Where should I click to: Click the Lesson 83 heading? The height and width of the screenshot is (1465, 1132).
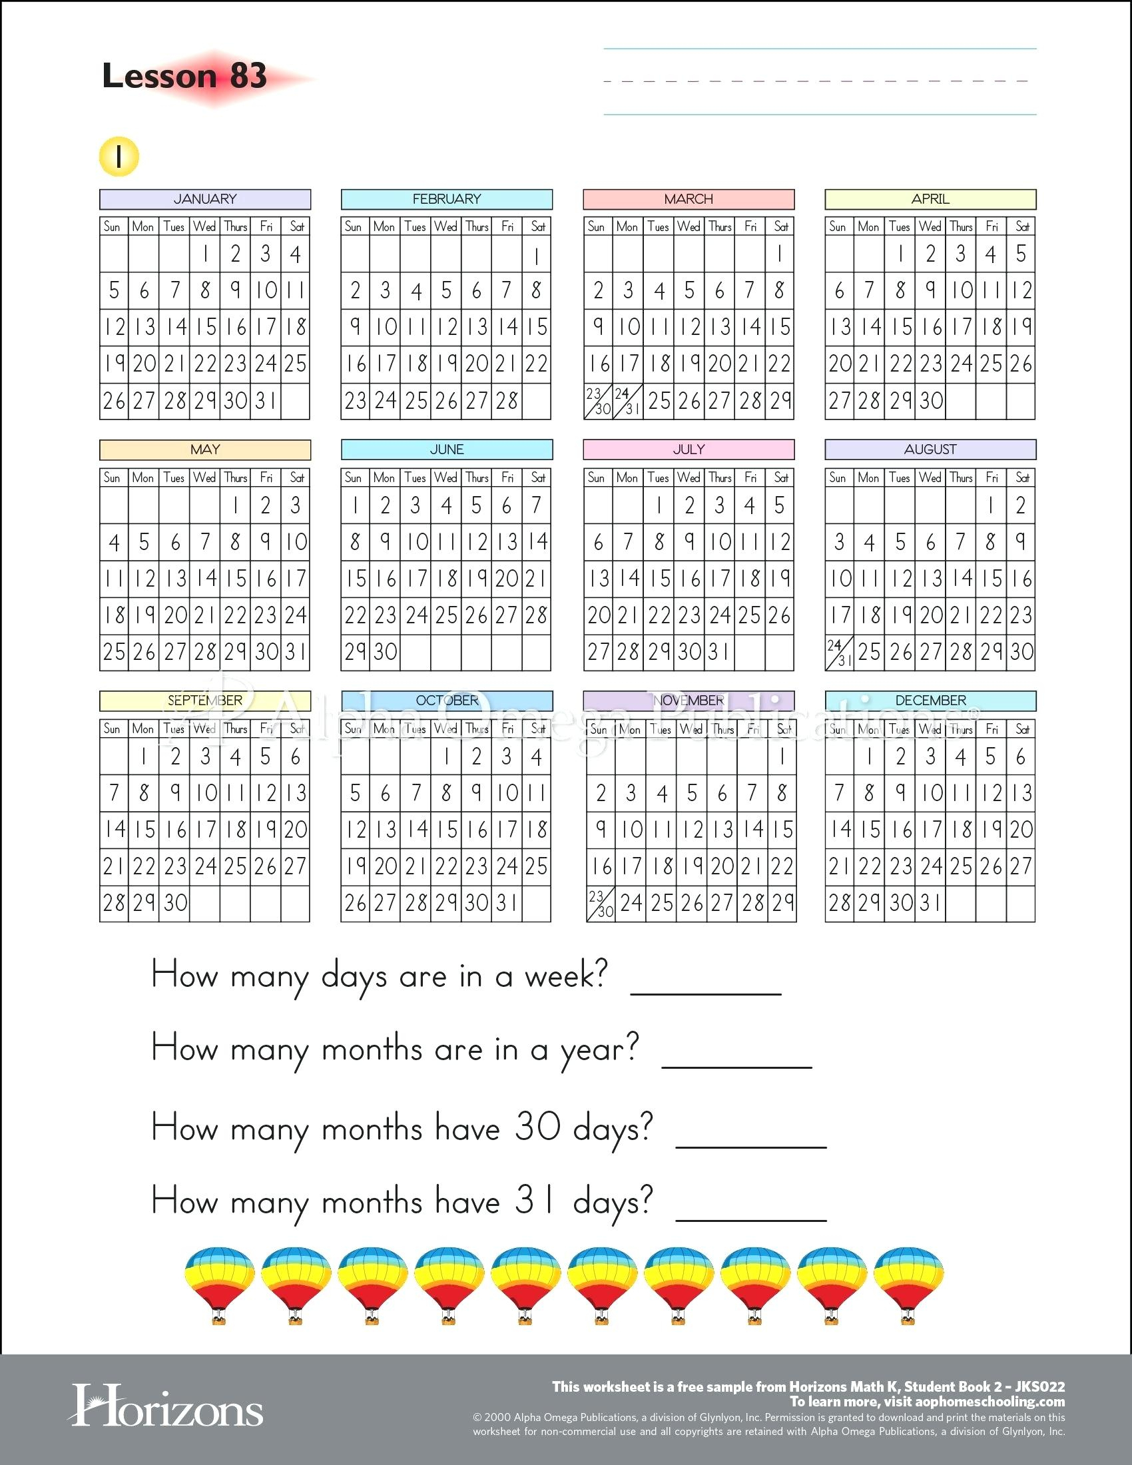tap(184, 76)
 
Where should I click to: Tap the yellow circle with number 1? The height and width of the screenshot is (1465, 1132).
tap(119, 157)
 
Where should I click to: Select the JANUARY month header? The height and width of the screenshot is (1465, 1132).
tap(205, 199)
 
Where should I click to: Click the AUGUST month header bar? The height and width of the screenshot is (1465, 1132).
tap(930, 449)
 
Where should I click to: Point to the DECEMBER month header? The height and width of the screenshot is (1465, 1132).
tap(930, 701)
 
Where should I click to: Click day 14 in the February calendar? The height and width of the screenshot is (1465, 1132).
tap(507, 328)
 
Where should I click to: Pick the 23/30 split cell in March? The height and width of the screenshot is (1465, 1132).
tap(598, 401)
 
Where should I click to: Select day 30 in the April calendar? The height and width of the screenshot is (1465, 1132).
tap(931, 401)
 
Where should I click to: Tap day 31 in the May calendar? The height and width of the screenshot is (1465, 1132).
tap(296, 652)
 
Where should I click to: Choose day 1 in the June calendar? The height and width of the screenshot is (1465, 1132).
tap(355, 506)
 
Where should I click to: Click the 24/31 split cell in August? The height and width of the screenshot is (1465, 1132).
tap(840, 652)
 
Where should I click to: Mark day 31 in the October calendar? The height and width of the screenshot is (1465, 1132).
tap(507, 904)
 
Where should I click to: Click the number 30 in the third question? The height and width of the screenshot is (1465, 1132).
tap(537, 1127)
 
